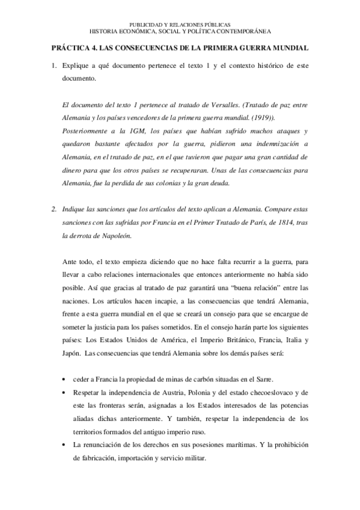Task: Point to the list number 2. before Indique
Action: point(55,209)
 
